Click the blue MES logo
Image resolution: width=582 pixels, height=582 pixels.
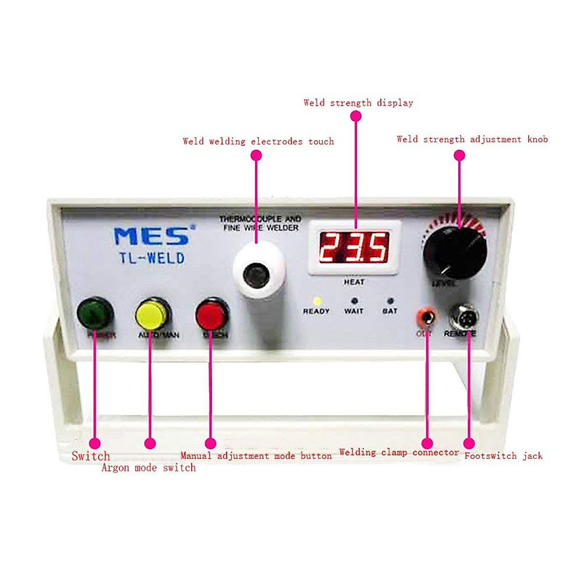(152, 236)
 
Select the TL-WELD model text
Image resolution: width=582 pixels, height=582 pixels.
(152, 258)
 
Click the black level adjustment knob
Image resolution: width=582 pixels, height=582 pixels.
(454, 252)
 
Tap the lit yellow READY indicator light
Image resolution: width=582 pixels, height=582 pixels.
(317, 301)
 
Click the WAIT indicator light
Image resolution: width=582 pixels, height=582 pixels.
(354, 301)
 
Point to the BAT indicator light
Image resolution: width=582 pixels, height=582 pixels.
(390, 301)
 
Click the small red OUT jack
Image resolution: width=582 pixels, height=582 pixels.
(426, 318)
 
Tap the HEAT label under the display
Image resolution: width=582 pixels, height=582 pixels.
(354, 282)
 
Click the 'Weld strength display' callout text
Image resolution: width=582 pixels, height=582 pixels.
(358, 103)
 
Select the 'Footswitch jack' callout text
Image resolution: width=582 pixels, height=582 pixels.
(503, 456)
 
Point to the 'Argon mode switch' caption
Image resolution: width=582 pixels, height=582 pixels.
(148, 468)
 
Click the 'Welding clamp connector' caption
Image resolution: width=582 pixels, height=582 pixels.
(399, 453)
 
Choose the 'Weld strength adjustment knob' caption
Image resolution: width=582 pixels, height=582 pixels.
(472, 140)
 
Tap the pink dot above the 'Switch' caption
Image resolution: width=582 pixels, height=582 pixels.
(95, 443)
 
